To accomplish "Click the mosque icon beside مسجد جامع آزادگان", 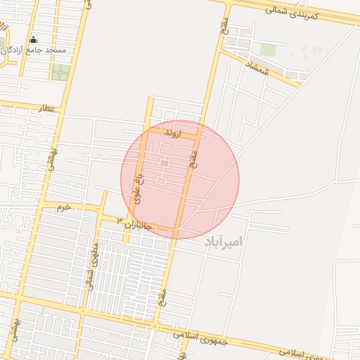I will pos(33,40).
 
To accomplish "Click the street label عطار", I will pos(49,109).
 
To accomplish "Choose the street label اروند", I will pos(172,132).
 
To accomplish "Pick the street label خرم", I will pos(64,207).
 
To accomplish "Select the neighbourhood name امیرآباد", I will pos(223,242).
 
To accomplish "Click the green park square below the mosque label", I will pos(61,72).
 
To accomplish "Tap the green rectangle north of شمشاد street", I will pos(267,49).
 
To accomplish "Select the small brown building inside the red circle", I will pos(164,163).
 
